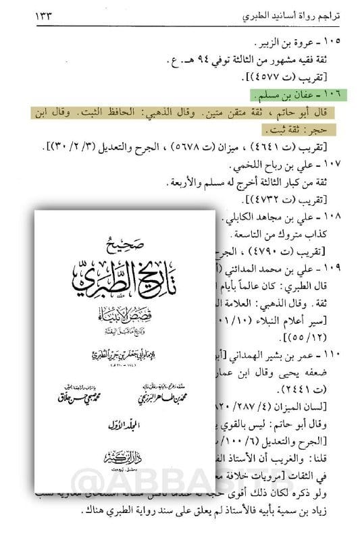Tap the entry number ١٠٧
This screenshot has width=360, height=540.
335,164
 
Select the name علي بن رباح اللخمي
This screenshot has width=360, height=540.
285,164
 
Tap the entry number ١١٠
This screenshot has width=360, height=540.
335,354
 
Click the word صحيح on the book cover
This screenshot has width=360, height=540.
126,241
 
